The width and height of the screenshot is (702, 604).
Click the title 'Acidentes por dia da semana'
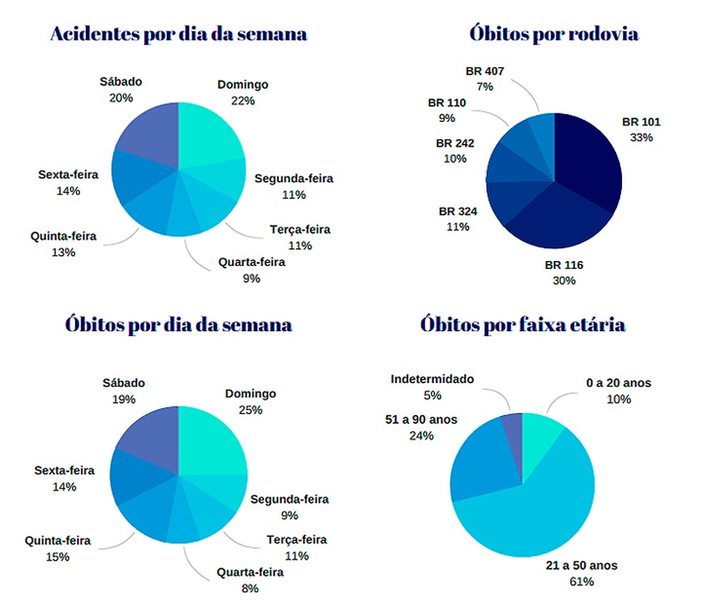coord(178,34)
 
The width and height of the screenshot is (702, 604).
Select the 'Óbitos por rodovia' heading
coord(554,34)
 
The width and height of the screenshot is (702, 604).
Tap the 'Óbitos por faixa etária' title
coord(523,324)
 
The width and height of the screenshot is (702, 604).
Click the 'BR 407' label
coord(484,71)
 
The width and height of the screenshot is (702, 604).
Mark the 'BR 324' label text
coord(458,211)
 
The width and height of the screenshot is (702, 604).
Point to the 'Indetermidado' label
coord(432,379)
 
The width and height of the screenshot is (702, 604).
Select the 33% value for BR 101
coord(641,137)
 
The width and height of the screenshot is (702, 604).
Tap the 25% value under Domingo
coord(250,409)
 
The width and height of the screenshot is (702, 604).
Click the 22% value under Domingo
coord(243,101)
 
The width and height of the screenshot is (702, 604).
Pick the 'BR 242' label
coord(455,143)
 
